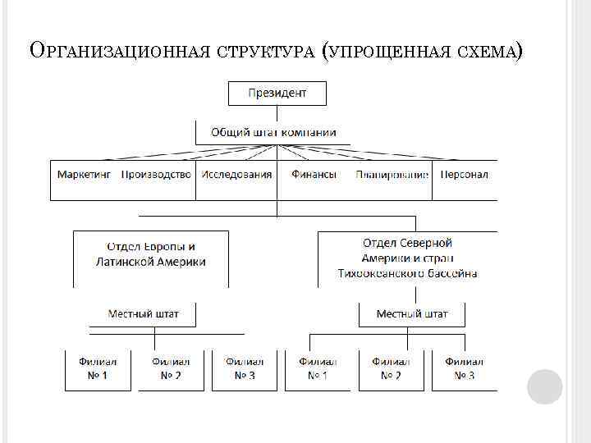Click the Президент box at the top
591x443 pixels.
(277, 93)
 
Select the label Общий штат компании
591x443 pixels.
(273, 132)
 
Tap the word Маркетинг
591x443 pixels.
(84, 175)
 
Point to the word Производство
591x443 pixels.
(156, 175)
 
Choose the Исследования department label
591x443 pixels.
(237, 175)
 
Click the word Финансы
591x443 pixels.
(314, 175)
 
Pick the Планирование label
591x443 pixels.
(392, 175)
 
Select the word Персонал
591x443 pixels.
(465, 175)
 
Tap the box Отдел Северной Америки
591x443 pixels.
(407, 258)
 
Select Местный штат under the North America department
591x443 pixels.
(412, 313)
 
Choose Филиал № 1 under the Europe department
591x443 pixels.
(98, 369)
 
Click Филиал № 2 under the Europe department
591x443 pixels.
(171, 369)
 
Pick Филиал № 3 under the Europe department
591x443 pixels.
(245, 369)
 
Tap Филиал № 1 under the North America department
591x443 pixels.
(318, 369)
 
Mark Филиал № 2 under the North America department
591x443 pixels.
(391, 369)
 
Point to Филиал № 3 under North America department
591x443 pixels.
(465, 369)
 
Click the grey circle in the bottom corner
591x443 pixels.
(544, 386)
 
